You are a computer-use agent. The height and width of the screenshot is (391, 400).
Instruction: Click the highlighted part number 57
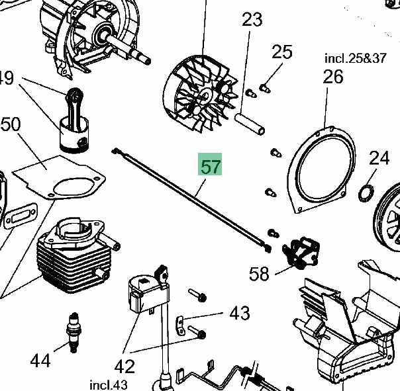point(211,166)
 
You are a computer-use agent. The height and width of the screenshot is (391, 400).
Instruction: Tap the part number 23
point(252,21)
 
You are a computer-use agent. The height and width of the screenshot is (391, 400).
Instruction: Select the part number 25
point(282,52)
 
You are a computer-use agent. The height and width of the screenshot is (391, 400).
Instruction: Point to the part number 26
point(333,77)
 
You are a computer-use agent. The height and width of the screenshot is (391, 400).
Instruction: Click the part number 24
point(379,158)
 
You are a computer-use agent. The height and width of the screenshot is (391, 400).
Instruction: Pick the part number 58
point(260,273)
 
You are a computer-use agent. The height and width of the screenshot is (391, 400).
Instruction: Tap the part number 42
point(125,367)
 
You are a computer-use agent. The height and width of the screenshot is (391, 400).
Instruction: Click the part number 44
point(40,361)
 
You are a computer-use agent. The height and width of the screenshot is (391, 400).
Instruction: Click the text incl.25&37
point(355,58)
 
